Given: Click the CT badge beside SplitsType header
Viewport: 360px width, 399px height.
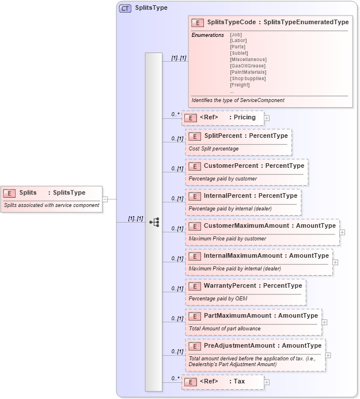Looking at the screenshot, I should tap(124, 9).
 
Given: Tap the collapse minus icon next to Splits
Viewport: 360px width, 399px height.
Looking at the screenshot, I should tap(105, 199).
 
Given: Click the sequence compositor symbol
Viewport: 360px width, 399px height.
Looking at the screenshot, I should tap(154, 221).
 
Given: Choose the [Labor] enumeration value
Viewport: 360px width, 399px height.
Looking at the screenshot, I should tap(238, 40).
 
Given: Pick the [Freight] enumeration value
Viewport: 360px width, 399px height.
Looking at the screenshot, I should tap(240, 85).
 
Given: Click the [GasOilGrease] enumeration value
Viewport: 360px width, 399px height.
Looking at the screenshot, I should tap(248, 66).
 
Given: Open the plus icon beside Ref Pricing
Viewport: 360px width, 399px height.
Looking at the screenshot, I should tap(267, 118).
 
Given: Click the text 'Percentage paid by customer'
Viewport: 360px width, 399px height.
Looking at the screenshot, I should tap(222, 179).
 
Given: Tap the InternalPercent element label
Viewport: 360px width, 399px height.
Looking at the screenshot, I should tap(228, 195).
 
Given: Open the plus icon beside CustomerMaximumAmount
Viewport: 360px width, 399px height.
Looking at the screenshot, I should tap(342, 232).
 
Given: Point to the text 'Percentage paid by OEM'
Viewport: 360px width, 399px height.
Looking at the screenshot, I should tap(218, 299).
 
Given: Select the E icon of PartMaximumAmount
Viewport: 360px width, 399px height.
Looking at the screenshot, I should tap(195, 316).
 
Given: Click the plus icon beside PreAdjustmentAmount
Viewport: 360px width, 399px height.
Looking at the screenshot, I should tap(328, 355).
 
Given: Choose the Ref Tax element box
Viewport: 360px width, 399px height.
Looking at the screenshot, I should tap(222, 382).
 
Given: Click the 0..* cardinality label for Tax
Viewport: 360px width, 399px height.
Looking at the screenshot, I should tap(175, 378).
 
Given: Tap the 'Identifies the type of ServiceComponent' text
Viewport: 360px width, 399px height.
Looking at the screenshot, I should tap(238, 100).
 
